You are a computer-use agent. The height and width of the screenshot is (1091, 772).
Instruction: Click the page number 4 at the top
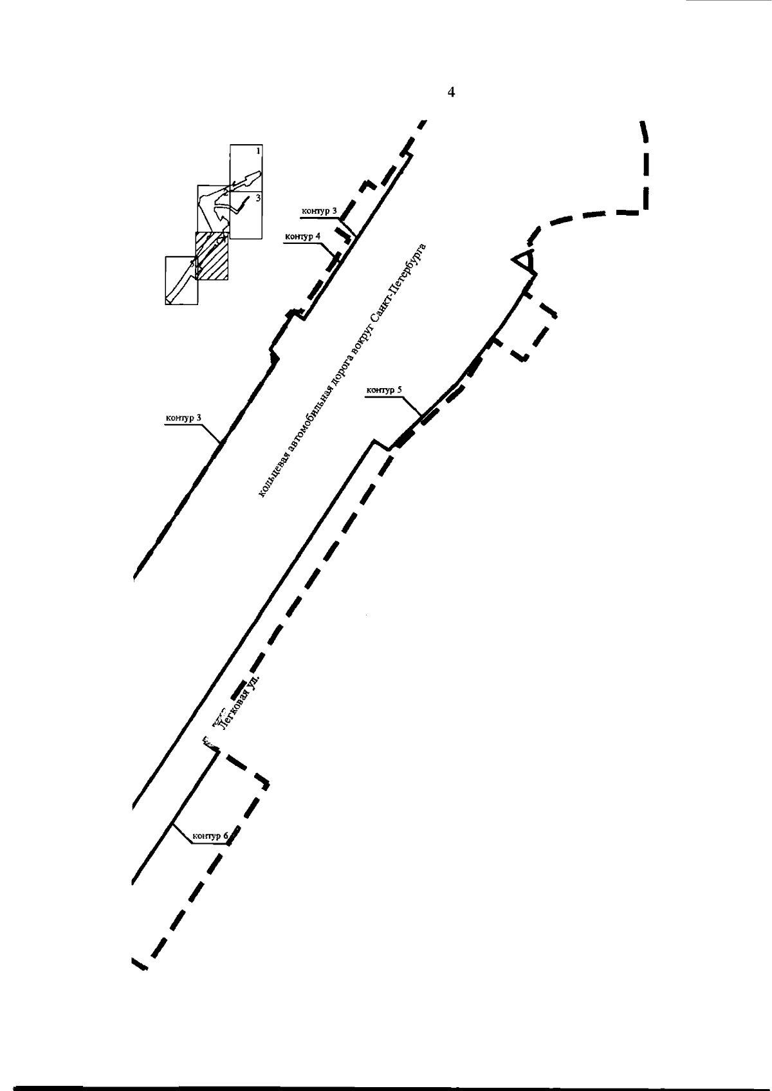click(x=451, y=93)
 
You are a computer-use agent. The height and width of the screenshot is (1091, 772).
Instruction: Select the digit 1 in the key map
click(x=258, y=151)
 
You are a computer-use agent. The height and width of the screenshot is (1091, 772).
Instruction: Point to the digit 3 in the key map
click(x=258, y=198)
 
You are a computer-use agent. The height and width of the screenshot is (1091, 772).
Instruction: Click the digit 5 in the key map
click(x=192, y=263)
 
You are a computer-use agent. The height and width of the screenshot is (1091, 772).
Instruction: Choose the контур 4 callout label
click(x=302, y=236)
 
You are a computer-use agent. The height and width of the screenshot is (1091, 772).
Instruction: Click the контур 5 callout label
click(x=384, y=390)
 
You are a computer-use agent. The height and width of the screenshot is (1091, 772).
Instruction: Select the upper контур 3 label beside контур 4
click(x=319, y=210)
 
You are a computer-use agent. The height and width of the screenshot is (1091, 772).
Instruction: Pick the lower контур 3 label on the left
click(x=183, y=418)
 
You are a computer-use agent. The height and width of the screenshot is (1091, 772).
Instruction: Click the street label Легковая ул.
click(x=239, y=702)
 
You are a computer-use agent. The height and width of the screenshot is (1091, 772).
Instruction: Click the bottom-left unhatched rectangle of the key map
click(x=181, y=280)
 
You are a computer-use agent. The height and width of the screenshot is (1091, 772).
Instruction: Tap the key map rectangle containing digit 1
click(x=246, y=167)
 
